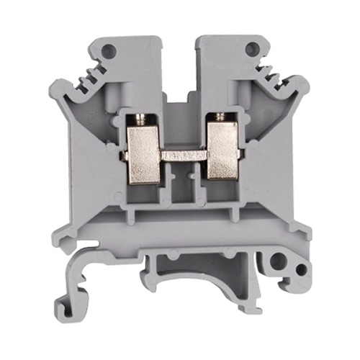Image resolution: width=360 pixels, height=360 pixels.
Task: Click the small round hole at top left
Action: click(109, 50)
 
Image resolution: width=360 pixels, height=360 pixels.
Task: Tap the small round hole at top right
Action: click(251, 49)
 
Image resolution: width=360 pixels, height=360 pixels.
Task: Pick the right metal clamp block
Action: click(222, 150)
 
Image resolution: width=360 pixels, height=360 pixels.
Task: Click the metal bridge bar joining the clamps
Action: click(183, 153)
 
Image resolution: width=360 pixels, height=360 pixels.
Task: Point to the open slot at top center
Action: click(179, 65)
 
